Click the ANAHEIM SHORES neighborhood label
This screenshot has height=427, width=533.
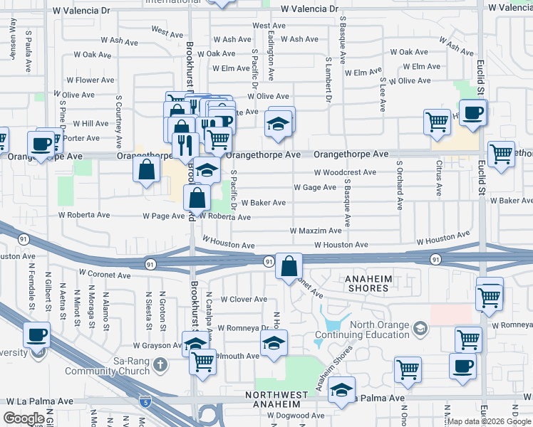pyautogui.click(x=368, y=283)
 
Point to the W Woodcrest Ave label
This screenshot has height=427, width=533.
pyautogui.click(x=345, y=172)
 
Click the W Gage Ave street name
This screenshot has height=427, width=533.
pyautogui.click(x=314, y=188)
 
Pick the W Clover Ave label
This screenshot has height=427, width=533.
pyautogui.click(x=244, y=300)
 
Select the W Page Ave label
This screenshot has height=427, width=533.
pyautogui.click(x=163, y=216)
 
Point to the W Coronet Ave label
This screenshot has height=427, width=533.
pyautogui.click(x=105, y=274)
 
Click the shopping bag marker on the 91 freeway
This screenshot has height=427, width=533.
pyautogui.click(x=289, y=267)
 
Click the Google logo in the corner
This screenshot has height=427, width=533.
pyautogui.click(x=24, y=418)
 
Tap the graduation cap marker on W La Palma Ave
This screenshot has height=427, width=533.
pyautogui.click(x=342, y=391)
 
